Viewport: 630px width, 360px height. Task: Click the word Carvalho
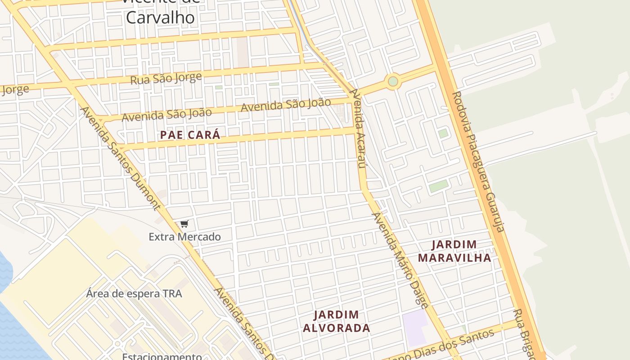pyautogui.click(x=160, y=18)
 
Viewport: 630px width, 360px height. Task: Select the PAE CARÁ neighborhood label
pyautogui.click(x=190, y=135)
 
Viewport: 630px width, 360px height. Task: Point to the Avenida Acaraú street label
pyautogui.click(x=358, y=128)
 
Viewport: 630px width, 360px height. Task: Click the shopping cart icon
pyautogui.click(x=184, y=224)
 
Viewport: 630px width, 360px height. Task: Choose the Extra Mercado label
pyautogui.click(x=185, y=237)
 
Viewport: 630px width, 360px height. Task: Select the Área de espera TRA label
pyautogui.click(x=134, y=294)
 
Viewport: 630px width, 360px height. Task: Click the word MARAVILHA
pyautogui.click(x=454, y=258)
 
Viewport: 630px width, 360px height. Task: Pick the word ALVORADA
pyautogui.click(x=336, y=328)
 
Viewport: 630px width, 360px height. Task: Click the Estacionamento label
pyautogui.click(x=162, y=356)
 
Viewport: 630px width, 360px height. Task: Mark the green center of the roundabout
pyautogui.click(x=393, y=81)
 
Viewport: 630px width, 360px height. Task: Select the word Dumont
pyautogui.click(x=144, y=189)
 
